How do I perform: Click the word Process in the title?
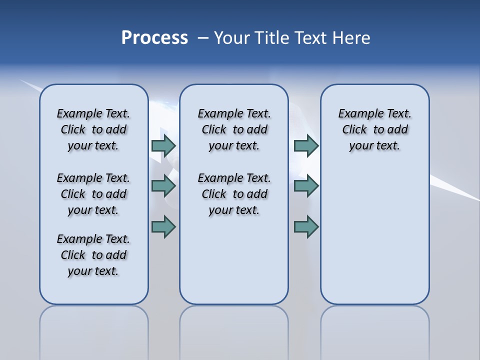pos(154,38)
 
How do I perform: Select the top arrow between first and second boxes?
pos(163,145)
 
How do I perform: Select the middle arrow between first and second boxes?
pos(163,186)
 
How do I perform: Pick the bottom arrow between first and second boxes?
pos(163,226)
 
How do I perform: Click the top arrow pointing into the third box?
pos(306,145)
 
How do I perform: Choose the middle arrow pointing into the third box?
pos(306,186)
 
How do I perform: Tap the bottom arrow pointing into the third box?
pos(306,226)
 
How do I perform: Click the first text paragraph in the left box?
pos(93,129)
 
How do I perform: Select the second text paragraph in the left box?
pos(93,194)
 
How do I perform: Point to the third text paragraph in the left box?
pos(93,255)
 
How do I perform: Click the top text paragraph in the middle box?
pos(234,129)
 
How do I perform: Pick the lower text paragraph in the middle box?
pos(234,194)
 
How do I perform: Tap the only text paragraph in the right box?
pos(374,129)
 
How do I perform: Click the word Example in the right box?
pos(356,114)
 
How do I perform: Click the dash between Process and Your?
pos(203,38)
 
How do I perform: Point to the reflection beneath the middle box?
pos(234,330)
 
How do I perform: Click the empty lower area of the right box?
pos(374,240)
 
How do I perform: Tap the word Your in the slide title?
pos(232,38)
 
